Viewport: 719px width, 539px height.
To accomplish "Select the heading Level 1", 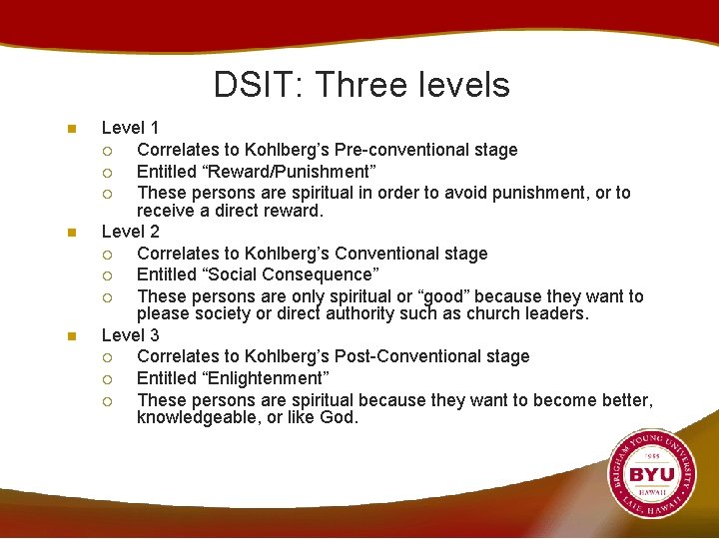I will point(130,128).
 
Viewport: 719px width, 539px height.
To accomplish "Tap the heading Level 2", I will point(130,232).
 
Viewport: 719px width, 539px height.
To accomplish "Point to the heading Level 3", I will point(130,335).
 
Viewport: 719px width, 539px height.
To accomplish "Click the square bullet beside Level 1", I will point(69,129).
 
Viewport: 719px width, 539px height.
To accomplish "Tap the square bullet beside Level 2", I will point(69,233).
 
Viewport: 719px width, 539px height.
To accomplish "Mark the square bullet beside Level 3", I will point(69,336).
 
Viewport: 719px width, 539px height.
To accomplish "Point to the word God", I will point(338,417).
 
